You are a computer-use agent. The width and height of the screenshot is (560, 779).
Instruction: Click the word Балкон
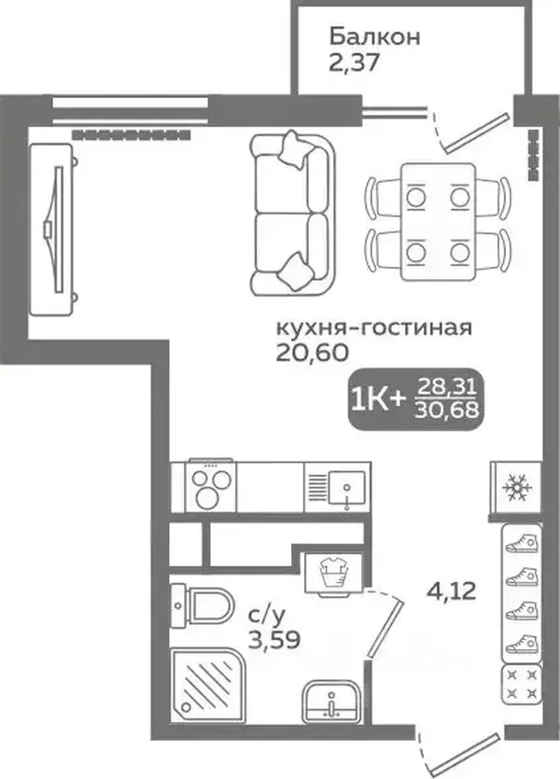[374, 36]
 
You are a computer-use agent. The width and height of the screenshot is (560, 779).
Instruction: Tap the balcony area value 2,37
[354, 63]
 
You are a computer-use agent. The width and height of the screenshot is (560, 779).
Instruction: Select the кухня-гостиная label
[373, 328]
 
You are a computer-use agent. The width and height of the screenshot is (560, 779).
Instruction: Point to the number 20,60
[312, 353]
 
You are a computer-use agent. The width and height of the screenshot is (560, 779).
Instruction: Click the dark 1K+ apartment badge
[415, 399]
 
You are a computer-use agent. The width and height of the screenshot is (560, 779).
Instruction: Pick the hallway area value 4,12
[452, 591]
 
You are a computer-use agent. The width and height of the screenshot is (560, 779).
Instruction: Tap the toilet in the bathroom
[202, 605]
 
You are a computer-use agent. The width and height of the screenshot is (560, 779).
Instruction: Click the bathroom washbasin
[331, 702]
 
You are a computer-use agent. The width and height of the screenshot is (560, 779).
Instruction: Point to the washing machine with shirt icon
[333, 574]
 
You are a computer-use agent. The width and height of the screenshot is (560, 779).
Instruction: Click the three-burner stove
[211, 487]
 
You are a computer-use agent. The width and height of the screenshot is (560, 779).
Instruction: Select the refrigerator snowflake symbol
[517, 487]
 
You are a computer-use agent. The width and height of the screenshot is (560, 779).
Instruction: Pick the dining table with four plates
[439, 222]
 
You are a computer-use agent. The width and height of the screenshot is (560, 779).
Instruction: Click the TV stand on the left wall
[51, 229]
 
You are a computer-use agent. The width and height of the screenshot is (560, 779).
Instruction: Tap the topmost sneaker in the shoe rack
[522, 544]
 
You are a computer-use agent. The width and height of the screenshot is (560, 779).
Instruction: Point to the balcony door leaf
[476, 132]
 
